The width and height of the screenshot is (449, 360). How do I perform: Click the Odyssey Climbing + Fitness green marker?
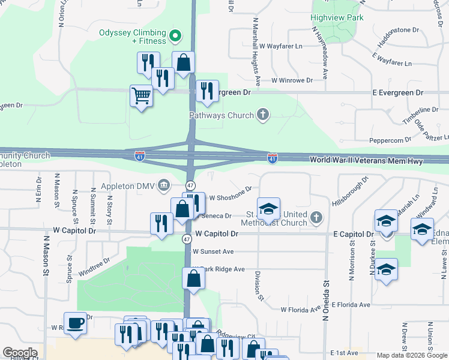[x=175, y=37]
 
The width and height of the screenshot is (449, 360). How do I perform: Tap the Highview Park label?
[x=337, y=17]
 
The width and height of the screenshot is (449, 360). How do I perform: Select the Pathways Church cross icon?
[x=262, y=115]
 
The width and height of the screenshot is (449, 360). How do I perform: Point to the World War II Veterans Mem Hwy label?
[x=366, y=161]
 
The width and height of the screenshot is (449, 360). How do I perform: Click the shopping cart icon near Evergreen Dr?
[x=141, y=95]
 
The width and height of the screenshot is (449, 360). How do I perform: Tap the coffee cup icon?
[x=75, y=323]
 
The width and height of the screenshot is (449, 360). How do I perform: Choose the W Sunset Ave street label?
[x=213, y=252]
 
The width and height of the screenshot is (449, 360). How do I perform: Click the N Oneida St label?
[x=327, y=300]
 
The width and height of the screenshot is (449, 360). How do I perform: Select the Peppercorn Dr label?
[x=391, y=139]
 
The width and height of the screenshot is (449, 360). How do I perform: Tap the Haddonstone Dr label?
[x=397, y=29]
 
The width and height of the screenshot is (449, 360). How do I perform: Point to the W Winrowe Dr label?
[x=292, y=80]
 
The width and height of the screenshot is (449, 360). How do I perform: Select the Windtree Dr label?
[x=94, y=266]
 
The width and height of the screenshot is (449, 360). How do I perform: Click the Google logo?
[x=20, y=353]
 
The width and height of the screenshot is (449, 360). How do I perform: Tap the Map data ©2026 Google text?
[x=411, y=355]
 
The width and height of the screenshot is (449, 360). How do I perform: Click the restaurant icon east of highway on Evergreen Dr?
[x=207, y=91]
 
